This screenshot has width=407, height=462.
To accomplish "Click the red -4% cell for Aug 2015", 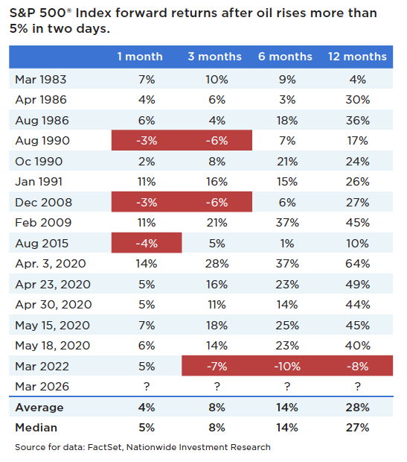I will coord(146,242).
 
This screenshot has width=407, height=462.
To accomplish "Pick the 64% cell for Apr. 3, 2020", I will coord(358,263).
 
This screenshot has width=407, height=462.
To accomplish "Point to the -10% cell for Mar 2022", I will coord(288,366).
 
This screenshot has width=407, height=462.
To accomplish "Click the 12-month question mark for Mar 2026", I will coord(358,386).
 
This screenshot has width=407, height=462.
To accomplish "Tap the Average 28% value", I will coord(358,408).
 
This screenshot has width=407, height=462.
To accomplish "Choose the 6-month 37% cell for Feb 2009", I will coord(288,222).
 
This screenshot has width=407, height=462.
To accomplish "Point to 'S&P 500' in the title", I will coord(37,13).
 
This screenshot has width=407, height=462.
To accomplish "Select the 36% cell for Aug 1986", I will coord(358,119).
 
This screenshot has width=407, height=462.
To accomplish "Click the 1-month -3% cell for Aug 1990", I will coord(146,140).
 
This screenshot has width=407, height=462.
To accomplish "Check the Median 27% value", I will coord(358,428).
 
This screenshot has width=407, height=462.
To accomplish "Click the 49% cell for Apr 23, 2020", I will coord(358,283).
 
